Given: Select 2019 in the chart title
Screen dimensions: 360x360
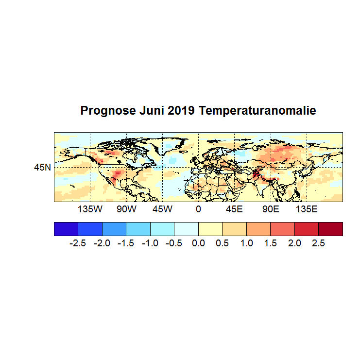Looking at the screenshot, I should click(181, 111).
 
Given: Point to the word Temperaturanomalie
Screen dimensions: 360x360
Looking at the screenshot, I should click(257, 111).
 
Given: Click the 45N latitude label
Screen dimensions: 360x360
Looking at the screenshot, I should click(42, 168).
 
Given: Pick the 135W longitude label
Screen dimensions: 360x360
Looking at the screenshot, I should click(90, 209).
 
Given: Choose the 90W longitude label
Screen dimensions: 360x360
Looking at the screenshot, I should click(126, 209).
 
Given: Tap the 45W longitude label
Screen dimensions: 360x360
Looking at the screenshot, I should click(162, 209).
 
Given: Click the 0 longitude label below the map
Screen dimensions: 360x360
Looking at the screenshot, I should click(198, 209).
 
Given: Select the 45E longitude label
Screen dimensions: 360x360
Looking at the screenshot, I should click(234, 209).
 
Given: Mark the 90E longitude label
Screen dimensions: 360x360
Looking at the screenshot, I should click(271, 209).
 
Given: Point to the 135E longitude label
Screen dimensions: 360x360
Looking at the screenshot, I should click(307, 209).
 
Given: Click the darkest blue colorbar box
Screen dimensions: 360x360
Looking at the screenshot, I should click(66, 229).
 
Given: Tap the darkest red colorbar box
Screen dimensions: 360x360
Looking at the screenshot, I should click(330, 229).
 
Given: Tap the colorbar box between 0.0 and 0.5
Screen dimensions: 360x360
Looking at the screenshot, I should click(210, 229).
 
